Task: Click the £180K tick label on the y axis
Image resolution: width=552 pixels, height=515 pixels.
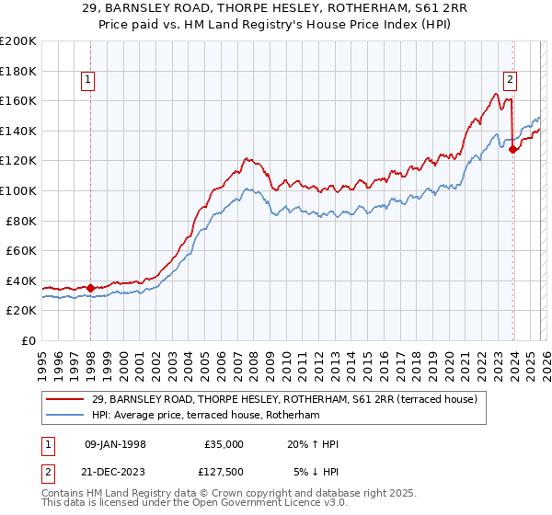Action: click(18, 71)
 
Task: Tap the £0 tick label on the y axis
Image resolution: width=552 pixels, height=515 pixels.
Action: click(29, 340)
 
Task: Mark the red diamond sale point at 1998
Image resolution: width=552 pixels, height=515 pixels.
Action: click(91, 288)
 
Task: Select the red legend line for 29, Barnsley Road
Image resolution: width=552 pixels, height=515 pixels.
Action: click(67, 400)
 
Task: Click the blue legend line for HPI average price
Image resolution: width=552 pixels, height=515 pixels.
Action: click(67, 416)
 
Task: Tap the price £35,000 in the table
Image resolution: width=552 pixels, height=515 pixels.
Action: click(224, 444)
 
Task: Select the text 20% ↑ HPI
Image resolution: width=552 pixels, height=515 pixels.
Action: click(313, 444)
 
